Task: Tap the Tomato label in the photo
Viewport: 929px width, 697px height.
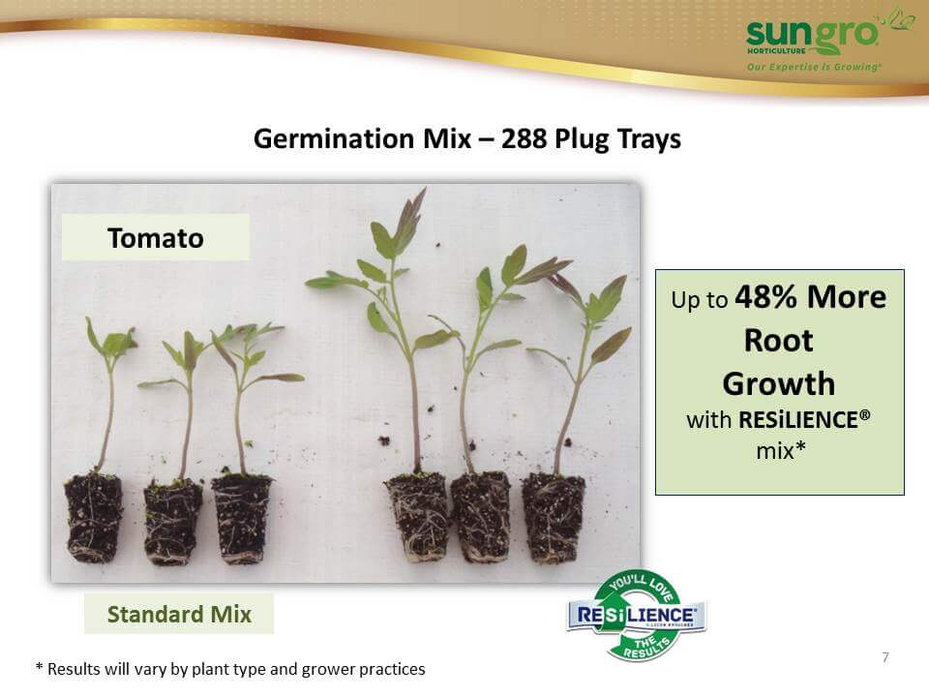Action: (156, 238)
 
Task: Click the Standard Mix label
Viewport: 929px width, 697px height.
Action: (179, 614)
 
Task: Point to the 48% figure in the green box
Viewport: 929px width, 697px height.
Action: (765, 296)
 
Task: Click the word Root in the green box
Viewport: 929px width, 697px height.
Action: (778, 340)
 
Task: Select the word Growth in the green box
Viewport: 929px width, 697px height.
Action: (778, 383)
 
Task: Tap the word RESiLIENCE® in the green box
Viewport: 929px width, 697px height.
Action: (804, 419)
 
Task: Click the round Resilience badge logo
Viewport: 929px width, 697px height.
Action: (637, 616)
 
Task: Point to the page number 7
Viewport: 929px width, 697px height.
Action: (885, 656)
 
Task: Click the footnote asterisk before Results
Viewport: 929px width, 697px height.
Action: (39, 667)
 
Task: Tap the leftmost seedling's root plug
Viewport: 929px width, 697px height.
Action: (93, 517)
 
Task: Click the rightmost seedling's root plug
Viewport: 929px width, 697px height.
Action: (553, 517)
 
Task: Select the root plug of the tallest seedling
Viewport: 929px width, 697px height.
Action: (418, 516)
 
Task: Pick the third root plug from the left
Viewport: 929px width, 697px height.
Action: (241, 518)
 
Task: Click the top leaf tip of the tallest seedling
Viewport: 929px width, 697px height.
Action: (425, 189)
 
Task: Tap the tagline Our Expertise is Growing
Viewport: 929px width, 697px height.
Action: (814, 67)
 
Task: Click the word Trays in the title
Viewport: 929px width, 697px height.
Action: (648, 139)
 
